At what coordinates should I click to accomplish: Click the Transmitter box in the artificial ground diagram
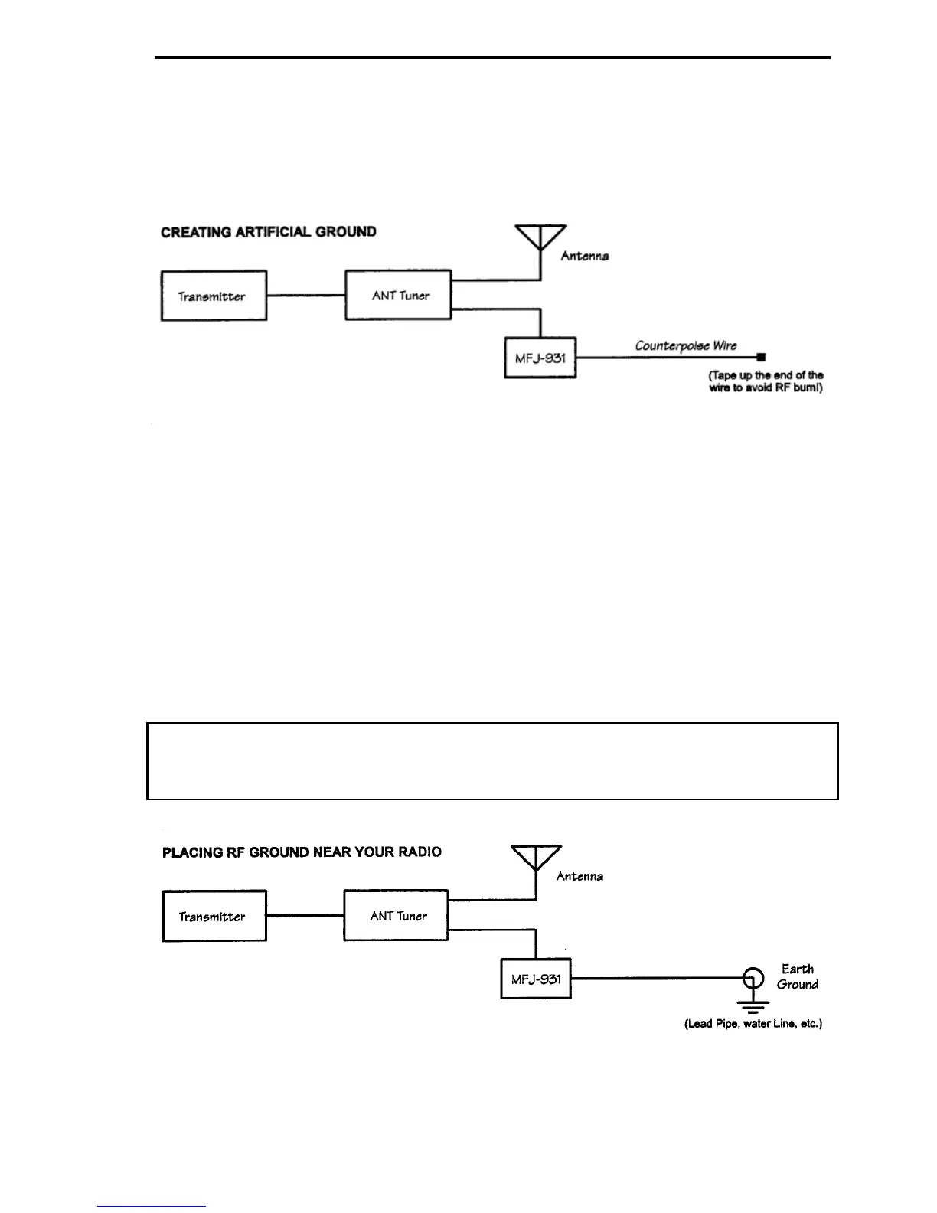(214, 296)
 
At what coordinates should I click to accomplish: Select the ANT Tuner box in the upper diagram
(398, 295)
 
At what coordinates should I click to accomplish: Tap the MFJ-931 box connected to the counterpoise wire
(540, 358)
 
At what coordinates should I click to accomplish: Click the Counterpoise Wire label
(686, 345)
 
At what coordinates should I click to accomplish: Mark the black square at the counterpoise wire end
(760, 357)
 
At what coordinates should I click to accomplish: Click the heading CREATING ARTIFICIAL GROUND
(269, 232)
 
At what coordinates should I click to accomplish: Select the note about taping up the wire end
(766, 381)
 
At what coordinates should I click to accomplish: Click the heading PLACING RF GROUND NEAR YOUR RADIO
(302, 852)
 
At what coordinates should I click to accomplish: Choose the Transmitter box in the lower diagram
(214, 916)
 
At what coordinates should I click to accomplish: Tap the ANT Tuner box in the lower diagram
(396, 915)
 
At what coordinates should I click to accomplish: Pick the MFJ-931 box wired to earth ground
(536, 978)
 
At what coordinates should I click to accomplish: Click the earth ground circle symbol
(753, 978)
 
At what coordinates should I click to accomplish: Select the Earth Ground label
(797, 976)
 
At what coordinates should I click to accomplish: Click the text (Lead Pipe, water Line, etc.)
(753, 1024)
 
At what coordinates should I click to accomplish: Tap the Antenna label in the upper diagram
(584, 256)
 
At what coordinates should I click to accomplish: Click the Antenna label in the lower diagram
(580, 876)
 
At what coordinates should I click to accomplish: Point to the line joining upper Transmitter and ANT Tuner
(305, 296)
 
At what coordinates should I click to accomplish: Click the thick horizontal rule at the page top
(492, 57)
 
